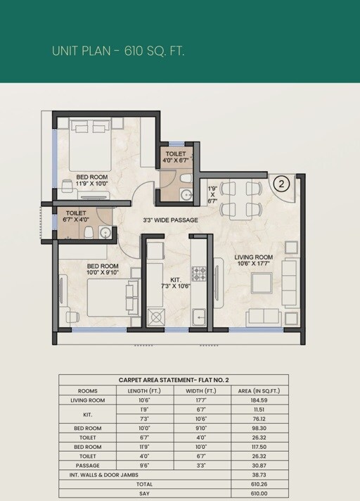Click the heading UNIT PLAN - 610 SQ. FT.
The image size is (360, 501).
[x=117, y=51]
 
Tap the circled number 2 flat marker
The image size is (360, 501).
[x=281, y=184]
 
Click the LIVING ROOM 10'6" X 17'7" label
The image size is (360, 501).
[x=253, y=261]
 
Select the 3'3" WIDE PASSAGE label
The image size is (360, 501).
[x=170, y=220]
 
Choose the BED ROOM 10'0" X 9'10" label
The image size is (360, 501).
[x=102, y=269]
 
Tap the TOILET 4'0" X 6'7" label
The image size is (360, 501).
[x=176, y=157]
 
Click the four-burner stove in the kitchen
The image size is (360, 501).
[x=199, y=273]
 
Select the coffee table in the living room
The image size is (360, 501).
[x=262, y=282]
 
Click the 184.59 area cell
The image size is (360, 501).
[x=259, y=400]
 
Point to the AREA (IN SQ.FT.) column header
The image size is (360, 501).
[x=259, y=391]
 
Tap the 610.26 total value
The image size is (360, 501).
[x=259, y=485]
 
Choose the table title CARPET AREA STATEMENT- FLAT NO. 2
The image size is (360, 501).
[x=173, y=380]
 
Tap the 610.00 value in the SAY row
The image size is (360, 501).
[x=259, y=494]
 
